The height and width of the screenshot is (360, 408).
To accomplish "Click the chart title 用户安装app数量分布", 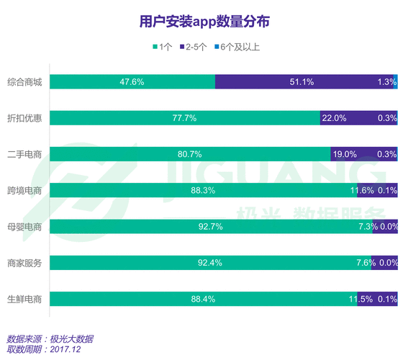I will tap(204, 21).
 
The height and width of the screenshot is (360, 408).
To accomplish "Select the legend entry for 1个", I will tap(163, 48).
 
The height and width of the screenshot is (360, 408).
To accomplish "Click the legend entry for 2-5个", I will tap(194, 48).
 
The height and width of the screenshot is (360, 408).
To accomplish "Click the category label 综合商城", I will tap(24, 82).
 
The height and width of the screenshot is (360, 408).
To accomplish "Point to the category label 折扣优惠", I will tap(24, 118).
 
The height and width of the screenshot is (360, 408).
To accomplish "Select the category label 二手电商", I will tap(24, 154).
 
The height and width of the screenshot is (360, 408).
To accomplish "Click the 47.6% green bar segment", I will tap(132, 82).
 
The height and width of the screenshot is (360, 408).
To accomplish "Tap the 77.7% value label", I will tap(185, 118).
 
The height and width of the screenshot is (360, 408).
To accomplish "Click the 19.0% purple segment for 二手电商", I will tap(363, 154).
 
